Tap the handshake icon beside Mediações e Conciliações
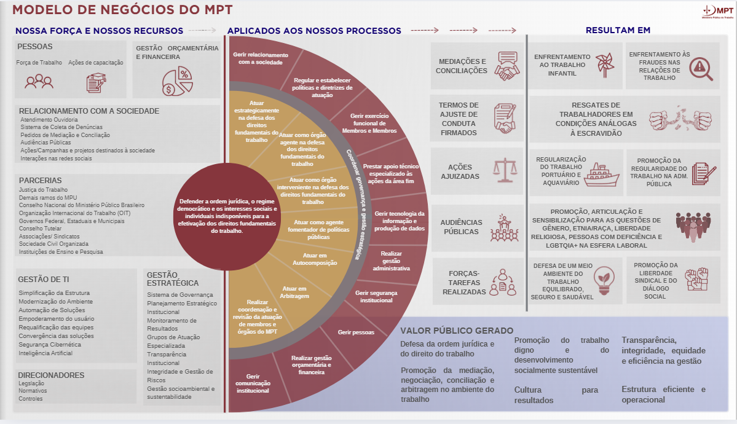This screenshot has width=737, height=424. (508, 65)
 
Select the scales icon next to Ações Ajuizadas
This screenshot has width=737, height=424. (506, 170)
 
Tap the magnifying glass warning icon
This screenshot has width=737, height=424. (701, 68)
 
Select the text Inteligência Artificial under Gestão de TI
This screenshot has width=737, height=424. (45, 353)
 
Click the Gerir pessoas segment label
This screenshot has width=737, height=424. (356, 332)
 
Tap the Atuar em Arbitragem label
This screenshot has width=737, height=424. (296, 292)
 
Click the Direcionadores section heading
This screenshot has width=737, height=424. (51, 375)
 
